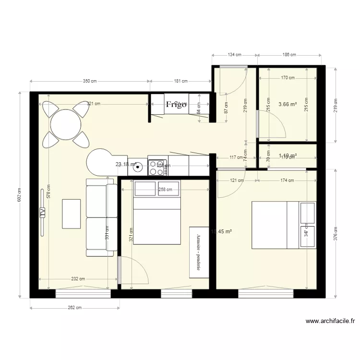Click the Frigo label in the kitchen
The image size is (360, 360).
(176, 104)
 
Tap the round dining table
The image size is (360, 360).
(66, 124)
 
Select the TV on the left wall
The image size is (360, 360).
(42, 212)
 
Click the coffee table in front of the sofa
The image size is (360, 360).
(72, 214)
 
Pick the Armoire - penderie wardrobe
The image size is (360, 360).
(199, 252)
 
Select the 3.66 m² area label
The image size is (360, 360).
(288, 104)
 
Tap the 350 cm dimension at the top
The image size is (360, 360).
(90, 81)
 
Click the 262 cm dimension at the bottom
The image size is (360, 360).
(74, 308)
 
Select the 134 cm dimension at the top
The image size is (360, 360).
(235, 55)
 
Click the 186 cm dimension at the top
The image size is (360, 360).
(289, 55)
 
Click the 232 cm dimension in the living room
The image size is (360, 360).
(78, 279)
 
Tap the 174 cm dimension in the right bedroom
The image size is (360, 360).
(287, 180)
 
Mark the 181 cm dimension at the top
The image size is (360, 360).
(180, 81)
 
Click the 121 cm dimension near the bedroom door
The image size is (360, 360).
(237, 180)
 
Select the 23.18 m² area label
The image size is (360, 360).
(126, 164)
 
